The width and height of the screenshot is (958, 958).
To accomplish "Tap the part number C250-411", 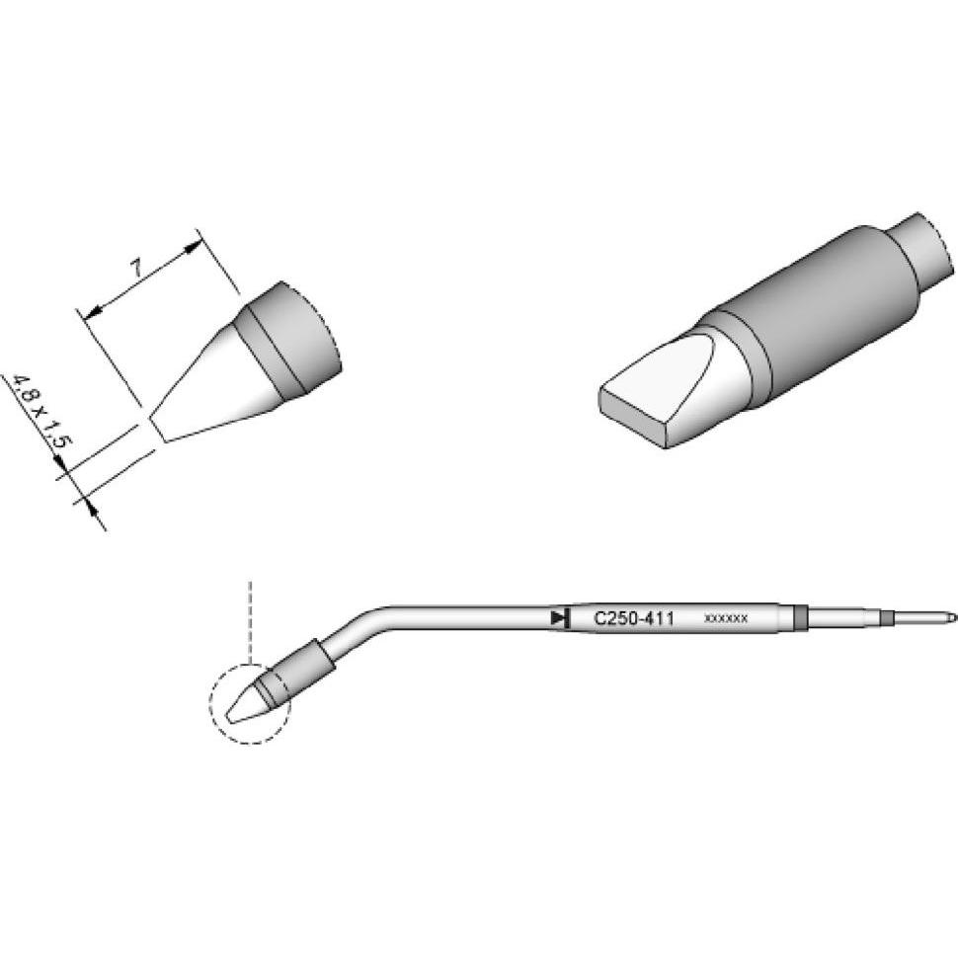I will [x=633, y=619].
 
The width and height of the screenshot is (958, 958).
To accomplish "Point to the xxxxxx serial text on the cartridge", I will [x=726, y=619].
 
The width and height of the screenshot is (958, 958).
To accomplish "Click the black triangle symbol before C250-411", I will [x=560, y=619].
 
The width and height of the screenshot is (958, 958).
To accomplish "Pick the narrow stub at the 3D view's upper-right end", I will [x=926, y=247].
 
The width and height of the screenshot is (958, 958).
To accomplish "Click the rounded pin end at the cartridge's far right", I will [x=950, y=618].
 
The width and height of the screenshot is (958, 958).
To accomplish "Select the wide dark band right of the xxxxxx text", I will [x=801, y=618].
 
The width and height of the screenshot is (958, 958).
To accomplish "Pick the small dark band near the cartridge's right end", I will [x=886, y=618].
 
